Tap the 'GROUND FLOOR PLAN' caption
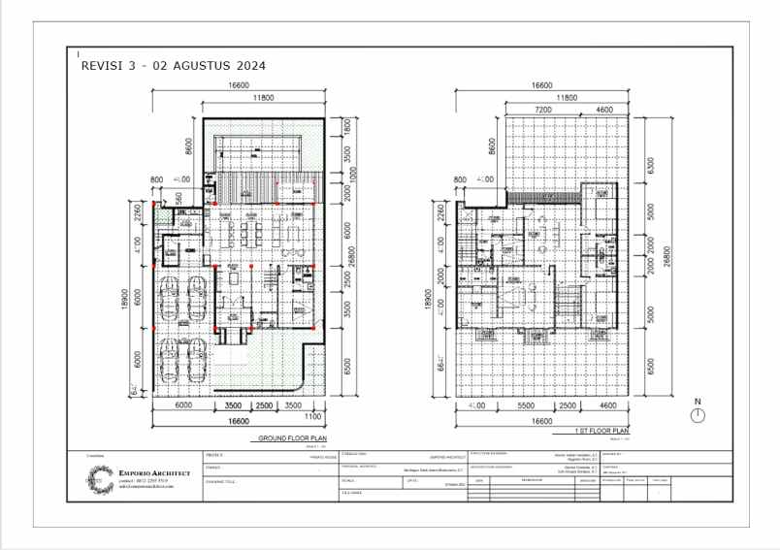point(290,438)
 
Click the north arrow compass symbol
point(697,416)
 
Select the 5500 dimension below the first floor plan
point(527,405)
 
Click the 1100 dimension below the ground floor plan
point(312,417)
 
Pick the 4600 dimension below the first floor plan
point(607,405)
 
